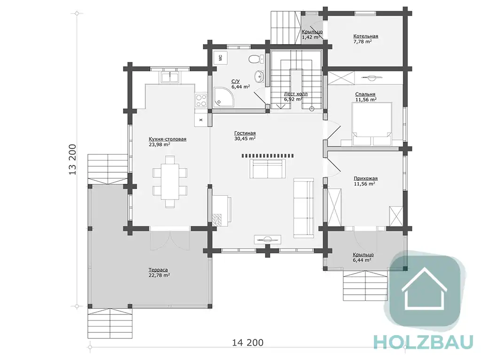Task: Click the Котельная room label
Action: (365, 36)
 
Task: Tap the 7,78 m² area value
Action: (363, 41)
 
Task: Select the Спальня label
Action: (365, 94)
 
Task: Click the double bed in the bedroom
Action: (372, 124)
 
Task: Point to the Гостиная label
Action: (245, 133)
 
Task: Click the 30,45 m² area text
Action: (245, 138)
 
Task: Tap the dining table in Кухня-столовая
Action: (170, 182)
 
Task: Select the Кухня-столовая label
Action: (168, 139)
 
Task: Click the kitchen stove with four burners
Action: (201, 100)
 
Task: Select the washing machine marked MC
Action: (220, 57)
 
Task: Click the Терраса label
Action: (158, 270)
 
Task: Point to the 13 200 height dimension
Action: (72, 160)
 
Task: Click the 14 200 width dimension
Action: (248, 342)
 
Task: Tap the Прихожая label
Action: (365, 178)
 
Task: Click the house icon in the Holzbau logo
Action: (425, 289)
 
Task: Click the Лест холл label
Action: (296, 94)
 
